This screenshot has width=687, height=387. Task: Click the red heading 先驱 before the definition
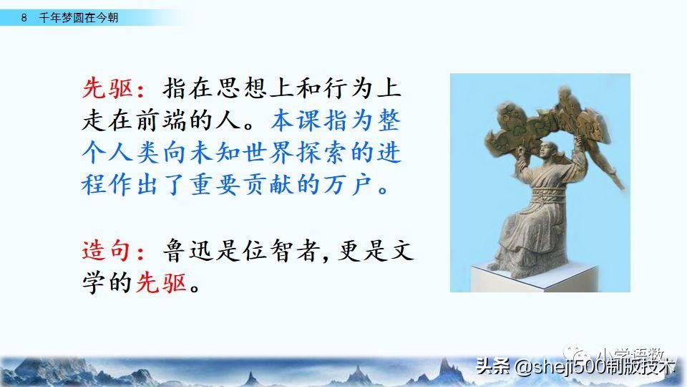tap(105, 90)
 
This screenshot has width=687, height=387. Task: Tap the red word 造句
tap(105, 251)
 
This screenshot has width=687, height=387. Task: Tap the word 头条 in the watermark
tap(492, 367)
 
